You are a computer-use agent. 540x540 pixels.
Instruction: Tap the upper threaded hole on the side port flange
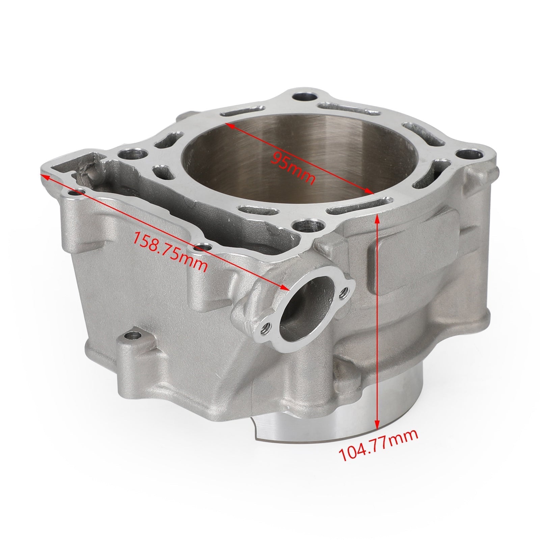click(x=344, y=291)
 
